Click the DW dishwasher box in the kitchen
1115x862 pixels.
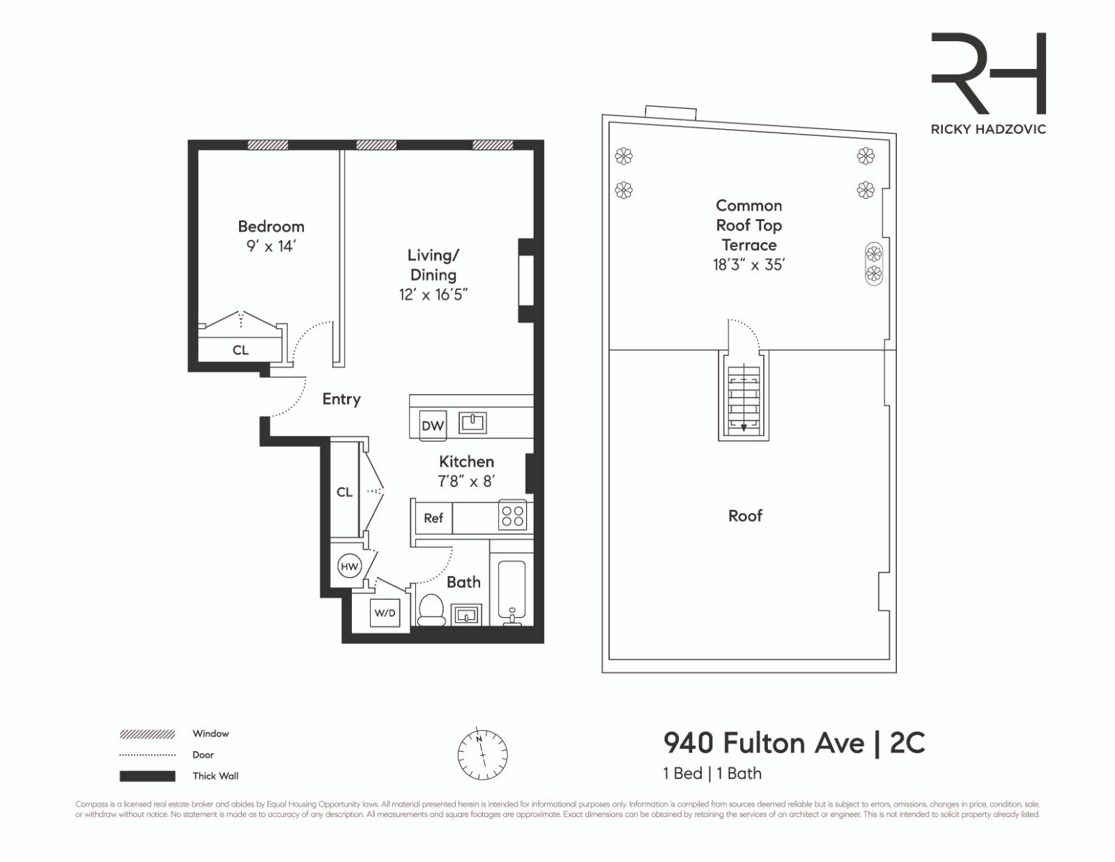point(433,425)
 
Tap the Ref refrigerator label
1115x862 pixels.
point(433,518)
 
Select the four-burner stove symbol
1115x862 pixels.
point(513,517)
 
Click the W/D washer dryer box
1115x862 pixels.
point(385,613)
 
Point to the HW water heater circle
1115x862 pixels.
point(349,566)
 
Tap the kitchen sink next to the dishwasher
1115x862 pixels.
point(472,422)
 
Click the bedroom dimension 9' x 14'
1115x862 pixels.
point(270,246)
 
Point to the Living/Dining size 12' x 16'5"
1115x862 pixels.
point(433,294)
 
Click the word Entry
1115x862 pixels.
point(341,399)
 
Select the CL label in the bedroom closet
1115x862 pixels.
point(240,350)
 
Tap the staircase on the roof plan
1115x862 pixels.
point(744,399)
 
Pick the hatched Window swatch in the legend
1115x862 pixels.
point(147,734)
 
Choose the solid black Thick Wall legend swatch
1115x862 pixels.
point(147,776)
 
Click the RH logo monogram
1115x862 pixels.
point(988,73)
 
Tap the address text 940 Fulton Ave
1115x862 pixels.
point(763,743)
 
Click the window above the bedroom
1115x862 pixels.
point(268,145)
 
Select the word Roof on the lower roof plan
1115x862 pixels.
point(745,515)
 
